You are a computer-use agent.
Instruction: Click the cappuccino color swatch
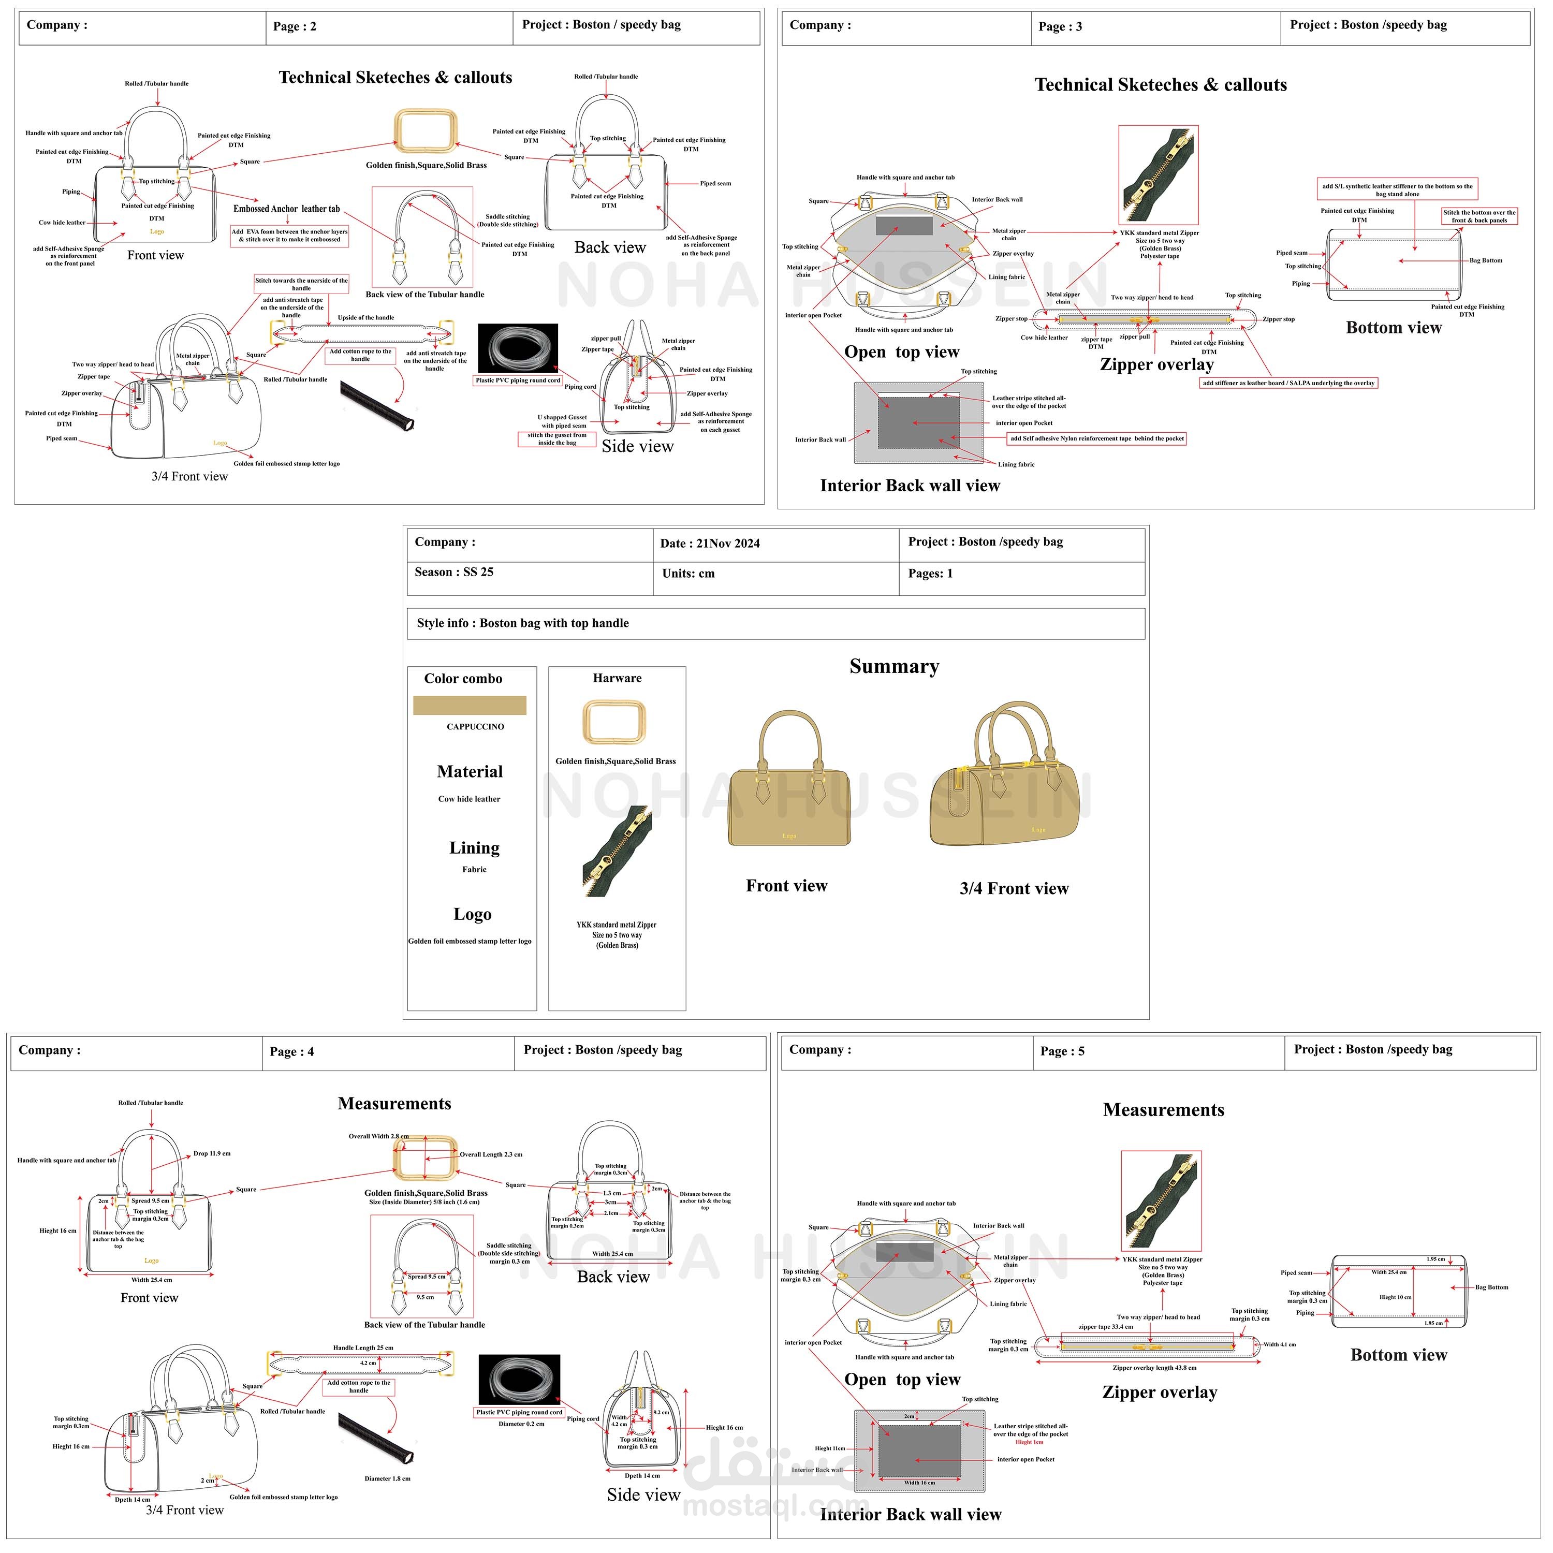[470, 705]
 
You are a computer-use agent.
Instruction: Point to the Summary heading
[894, 666]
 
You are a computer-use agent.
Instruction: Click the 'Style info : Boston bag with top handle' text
[522, 623]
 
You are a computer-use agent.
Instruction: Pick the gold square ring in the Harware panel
[614, 721]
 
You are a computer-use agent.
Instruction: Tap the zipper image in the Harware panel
[617, 851]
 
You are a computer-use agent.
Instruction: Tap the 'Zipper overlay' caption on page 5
[1159, 1392]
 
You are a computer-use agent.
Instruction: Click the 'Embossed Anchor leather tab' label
[286, 209]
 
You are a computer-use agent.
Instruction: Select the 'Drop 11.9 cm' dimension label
[211, 1153]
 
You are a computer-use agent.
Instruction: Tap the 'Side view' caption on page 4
[643, 1495]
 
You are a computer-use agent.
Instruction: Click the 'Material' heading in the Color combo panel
[470, 772]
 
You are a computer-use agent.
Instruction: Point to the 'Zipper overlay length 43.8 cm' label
[1154, 1367]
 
